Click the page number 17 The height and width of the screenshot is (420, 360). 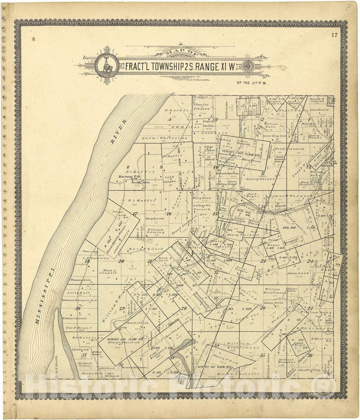tap(334, 35)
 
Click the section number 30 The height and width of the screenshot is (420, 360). tap(77, 308)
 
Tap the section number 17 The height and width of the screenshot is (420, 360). tap(135, 214)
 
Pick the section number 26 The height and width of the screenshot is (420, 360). tap(263, 307)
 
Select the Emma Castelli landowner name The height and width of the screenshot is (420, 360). tap(75, 318)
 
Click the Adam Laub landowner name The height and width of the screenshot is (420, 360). tap(297, 273)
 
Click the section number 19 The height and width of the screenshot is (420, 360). tap(87, 261)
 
